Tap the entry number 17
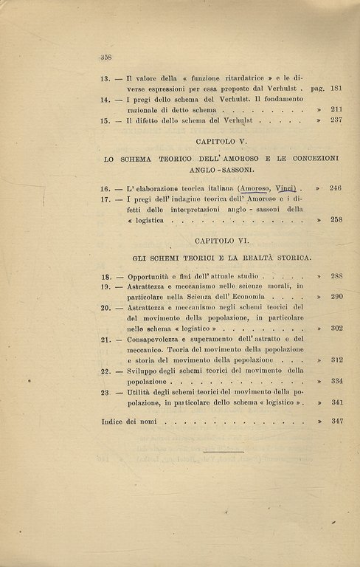(x=105, y=199)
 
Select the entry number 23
(x=105, y=393)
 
